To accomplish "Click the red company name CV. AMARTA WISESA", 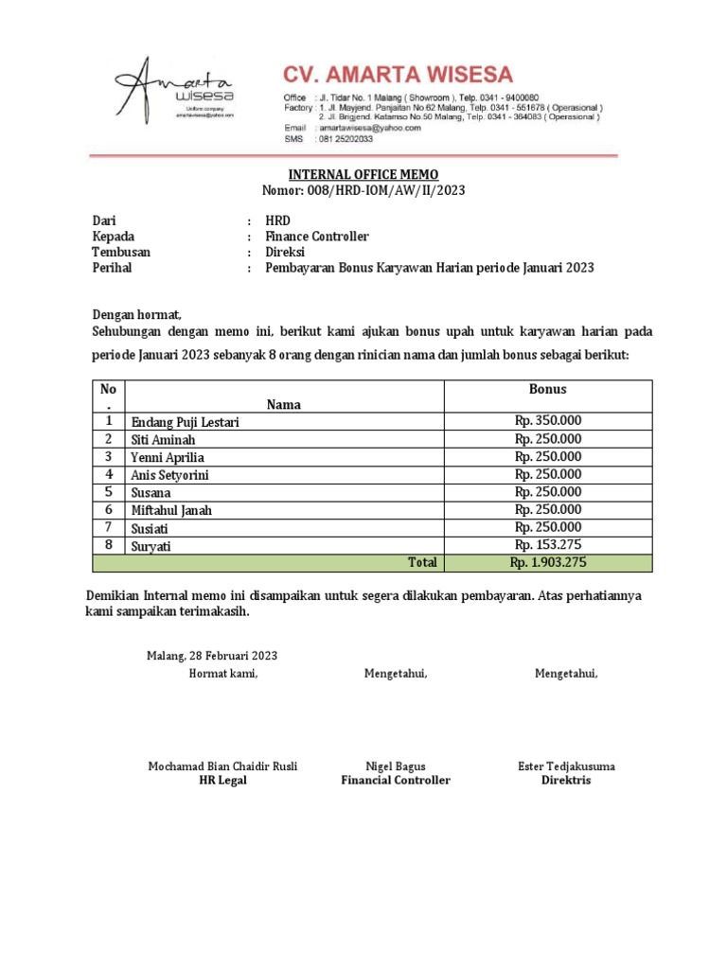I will (x=398, y=74).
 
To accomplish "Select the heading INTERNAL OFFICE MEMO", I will (x=363, y=174).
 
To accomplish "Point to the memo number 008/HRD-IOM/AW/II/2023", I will (x=387, y=190).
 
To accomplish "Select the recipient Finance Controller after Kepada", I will (x=316, y=237).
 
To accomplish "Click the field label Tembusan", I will (x=121, y=253).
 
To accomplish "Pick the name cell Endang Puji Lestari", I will (x=185, y=422).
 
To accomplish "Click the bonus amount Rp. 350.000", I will (x=548, y=421).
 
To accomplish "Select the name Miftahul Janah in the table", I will (x=171, y=510).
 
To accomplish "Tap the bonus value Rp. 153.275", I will (x=548, y=544).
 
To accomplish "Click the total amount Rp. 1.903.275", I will (x=548, y=562).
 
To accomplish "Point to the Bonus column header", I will (x=548, y=389).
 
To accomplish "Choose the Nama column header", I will (x=284, y=404).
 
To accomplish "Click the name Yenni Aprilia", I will (x=168, y=457).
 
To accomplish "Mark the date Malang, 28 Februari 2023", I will (x=211, y=656).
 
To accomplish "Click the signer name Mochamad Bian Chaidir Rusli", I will (x=222, y=766).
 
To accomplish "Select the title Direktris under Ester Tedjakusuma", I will (x=566, y=781).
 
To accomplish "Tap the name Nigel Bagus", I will (x=396, y=766).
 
